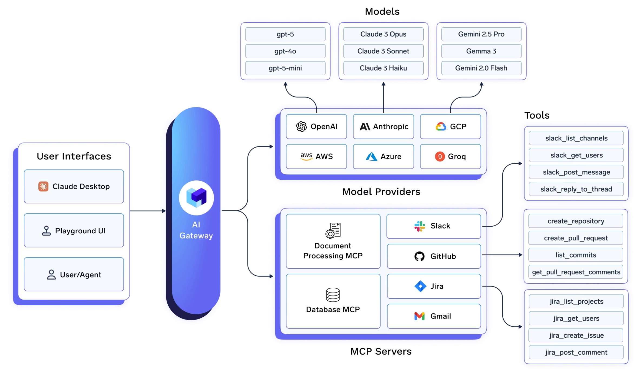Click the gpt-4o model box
click(x=285, y=51)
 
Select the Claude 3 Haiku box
click(x=383, y=68)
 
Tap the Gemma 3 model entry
click(x=481, y=51)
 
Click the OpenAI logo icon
click(x=301, y=126)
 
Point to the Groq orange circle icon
click(x=440, y=156)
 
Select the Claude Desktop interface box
click(x=74, y=186)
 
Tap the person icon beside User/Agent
click(x=51, y=274)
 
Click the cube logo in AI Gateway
click(x=196, y=198)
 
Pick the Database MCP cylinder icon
click(x=333, y=294)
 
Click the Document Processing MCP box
click(x=333, y=241)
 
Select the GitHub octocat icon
click(x=419, y=256)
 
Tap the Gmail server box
click(x=434, y=316)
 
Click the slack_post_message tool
click(x=576, y=172)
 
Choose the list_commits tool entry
click(x=576, y=255)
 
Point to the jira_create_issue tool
click(x=576, y=335)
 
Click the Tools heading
click(x=537, y=115)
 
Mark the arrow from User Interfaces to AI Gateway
click(x=147, y=211)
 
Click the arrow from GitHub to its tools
click(x=502, y=255)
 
